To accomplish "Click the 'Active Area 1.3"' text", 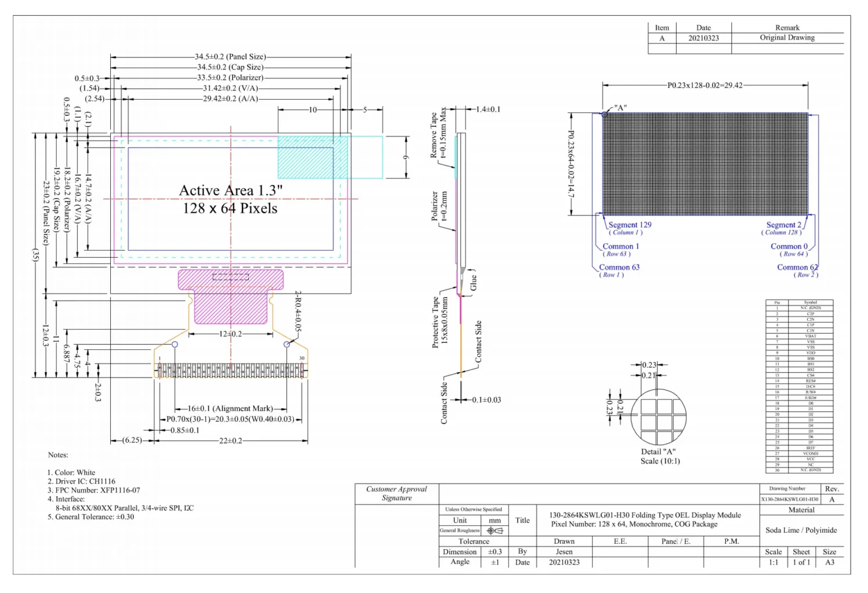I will (x=230, y=191).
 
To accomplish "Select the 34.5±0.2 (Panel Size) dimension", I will (x=230, y=57).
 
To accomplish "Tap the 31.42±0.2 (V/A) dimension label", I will (x=230, y=88).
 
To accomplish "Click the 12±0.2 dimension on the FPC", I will (x=230, y=334).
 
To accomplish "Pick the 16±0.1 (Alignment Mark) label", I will (x=230, y=409).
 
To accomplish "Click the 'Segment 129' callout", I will (x=629, y=225).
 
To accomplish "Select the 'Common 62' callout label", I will (x=797, y=267).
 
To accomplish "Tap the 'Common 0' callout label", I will (x=789, y=246).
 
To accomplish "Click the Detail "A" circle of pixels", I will (x=658, y=417).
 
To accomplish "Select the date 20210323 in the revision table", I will (x=703, y=38).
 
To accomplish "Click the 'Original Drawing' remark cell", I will (x=787, y=38).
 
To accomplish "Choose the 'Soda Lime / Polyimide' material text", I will (x=801, y=530).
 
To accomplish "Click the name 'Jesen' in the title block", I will (x=564, y=552).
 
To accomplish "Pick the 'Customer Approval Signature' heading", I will (x=397, y=493).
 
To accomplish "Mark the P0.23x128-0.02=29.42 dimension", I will (x=704, y=85).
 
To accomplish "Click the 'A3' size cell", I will (x=829, y=562).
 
